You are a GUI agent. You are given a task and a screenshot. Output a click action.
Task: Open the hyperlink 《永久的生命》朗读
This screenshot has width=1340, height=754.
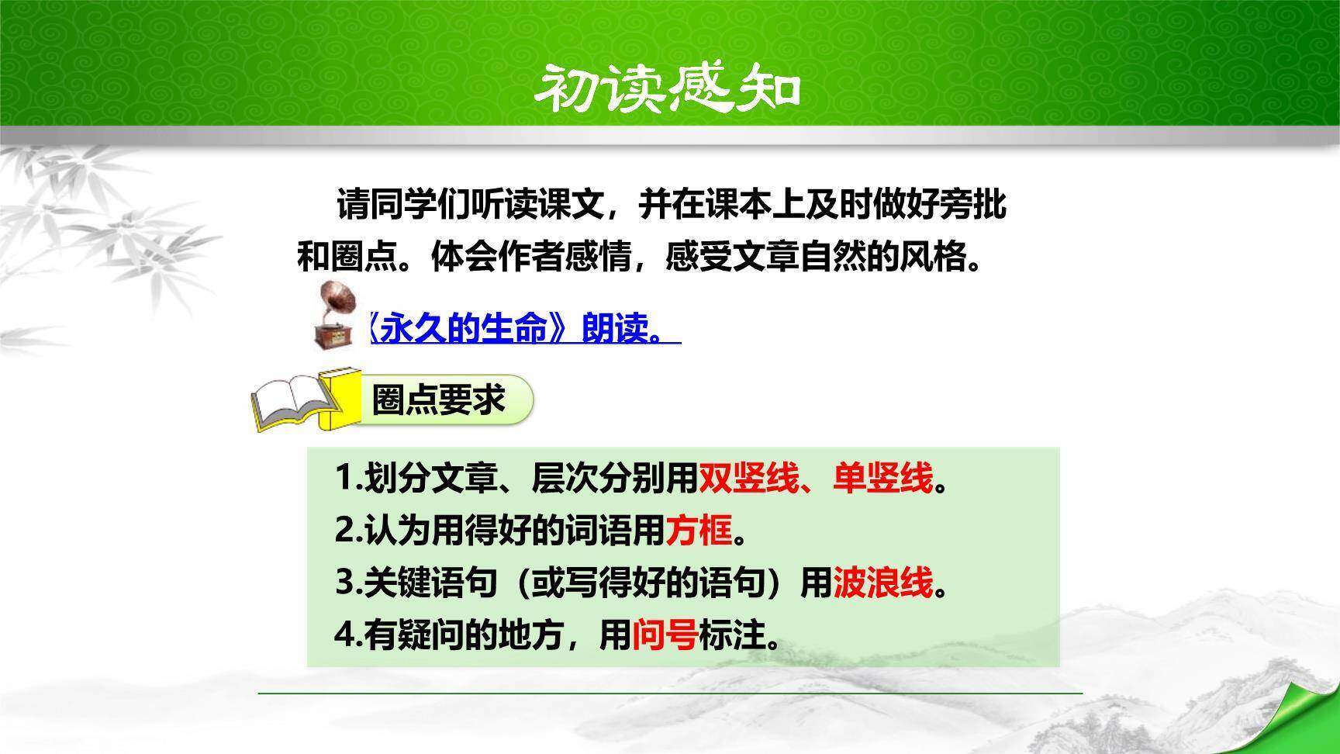pyautogui.click(x=524, y=329)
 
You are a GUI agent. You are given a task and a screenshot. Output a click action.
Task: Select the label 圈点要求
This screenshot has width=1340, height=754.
pyautogui.click(x=439, y=400)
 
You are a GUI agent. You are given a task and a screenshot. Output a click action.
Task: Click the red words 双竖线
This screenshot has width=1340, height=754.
pyautogui.click(x=748, y=478)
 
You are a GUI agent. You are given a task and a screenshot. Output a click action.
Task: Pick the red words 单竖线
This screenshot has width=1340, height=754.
pyautogui.click(x=882, y=478)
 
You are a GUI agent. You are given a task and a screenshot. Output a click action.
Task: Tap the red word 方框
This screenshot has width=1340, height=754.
pyautogui.click(x=699, y=531)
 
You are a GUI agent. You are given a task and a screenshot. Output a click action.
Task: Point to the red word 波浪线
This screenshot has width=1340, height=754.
pyautogui.click(x=882, y=583)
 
